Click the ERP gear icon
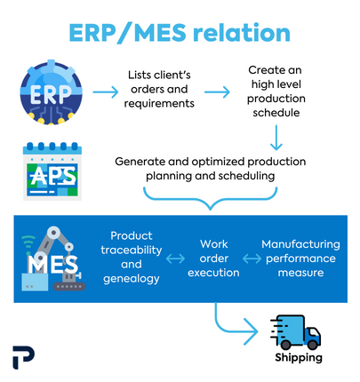point(51,92)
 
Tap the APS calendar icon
point(52,171)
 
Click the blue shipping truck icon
point(295,332)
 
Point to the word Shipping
point(299,357)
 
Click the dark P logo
point(23,357)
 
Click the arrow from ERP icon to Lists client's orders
point(106,92)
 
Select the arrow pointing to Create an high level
point(217,92)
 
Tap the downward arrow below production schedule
point(276,138)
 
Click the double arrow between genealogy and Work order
point(175,259)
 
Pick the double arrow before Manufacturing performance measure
point(252,259)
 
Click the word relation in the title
point(242,32)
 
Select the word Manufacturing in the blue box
point(300,244)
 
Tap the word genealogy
point(132,279)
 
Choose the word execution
point(213,273)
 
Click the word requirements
point(159,104)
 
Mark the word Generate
point(140,162)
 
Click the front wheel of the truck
point(313,345)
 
